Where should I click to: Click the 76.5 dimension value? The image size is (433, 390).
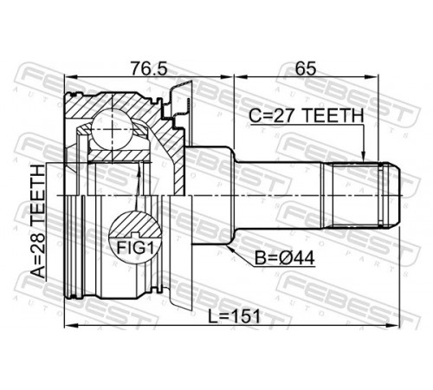(x=149, y=68)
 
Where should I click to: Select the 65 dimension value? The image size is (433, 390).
(x=306, y=68)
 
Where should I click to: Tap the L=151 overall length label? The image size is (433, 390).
(x=235, y=315)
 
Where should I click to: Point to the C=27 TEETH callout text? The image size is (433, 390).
(x=306, y=116)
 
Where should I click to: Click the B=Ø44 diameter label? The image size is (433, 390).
(x=284, y=258)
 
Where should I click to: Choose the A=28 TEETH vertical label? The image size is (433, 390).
(x=38, y=221)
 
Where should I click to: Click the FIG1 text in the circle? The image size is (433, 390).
(x=134, y=248)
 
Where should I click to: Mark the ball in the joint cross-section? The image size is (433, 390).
(x=112, y=129)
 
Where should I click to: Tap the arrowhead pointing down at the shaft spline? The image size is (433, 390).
(x=364, y=156)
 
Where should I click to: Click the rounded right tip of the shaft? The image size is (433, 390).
(x=396, y=195)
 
